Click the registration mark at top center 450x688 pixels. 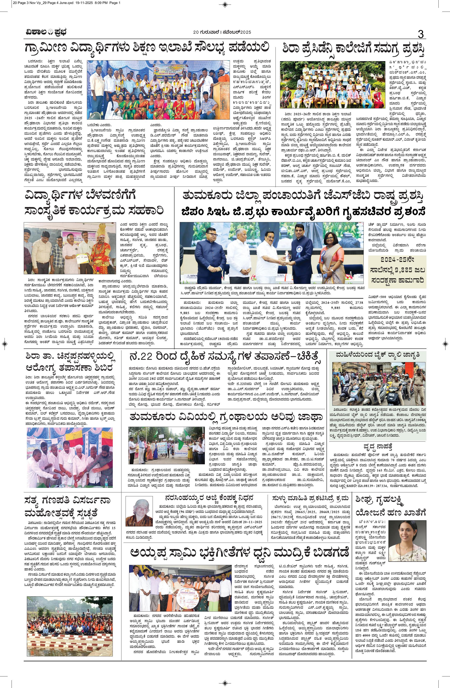225,4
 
